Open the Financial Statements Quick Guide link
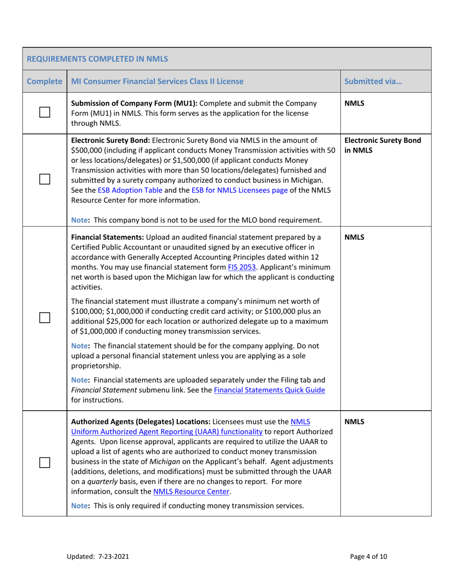(x=270, y=390)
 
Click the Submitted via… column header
(x=373, y=81)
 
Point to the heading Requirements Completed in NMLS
(x=97, y=59)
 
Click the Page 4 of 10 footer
(x=368, y=556)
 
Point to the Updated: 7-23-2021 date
(x=97, y=556)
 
